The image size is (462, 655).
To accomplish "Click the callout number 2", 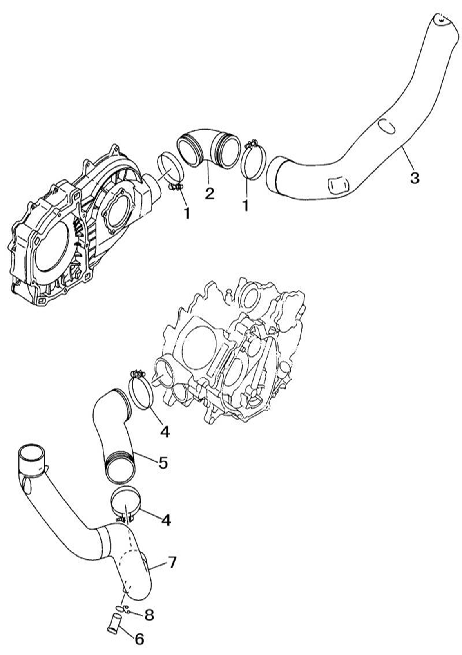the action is click(x=210, y=193).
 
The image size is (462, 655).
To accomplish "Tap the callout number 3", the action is click(x=414, y=177).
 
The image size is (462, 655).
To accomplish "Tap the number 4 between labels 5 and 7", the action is click(x=165, y=520).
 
